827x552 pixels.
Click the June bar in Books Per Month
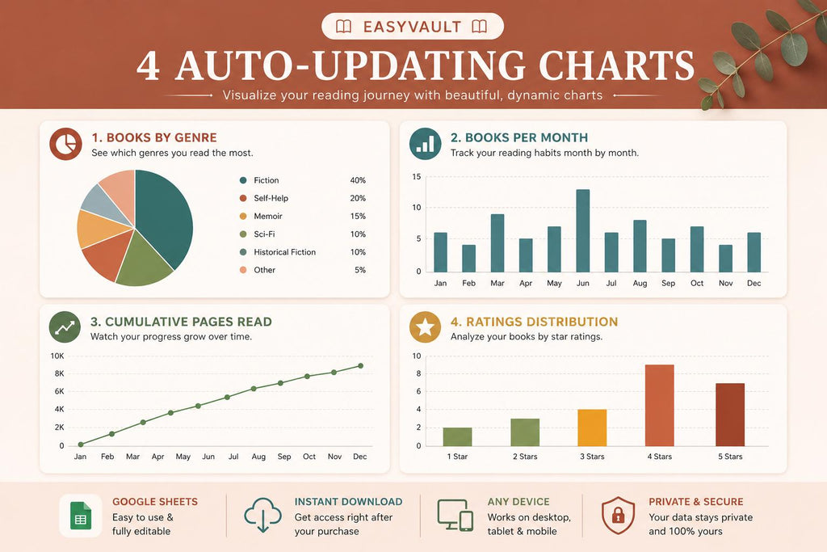pos(583,230)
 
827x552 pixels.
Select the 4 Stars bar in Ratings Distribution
pos(659,405)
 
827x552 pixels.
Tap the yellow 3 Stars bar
pos(592,428)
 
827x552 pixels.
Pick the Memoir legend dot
pos(243,217)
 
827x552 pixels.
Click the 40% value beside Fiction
pos(358,180)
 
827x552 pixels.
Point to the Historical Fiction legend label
pos(285,252)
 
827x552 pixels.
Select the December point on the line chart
pos(361,366)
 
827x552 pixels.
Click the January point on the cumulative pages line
pos(81,445)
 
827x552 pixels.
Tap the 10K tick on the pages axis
pos(57,356)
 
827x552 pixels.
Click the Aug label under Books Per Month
pos(640,284)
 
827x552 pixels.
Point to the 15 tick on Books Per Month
pos(417,177)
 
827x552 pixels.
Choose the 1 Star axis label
pos(457,457)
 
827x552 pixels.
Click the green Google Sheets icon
pos(81,516)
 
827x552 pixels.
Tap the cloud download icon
pos(262,515)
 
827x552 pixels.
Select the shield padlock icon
pos(618,515)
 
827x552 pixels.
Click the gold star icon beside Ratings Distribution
pos(425,327)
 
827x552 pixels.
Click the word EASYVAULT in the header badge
pos(413,27)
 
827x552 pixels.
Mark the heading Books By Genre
pos(154,137)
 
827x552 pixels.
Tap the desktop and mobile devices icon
pos(455,515)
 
